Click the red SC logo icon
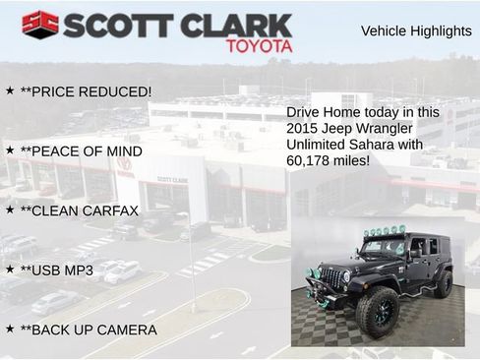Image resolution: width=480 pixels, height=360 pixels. [39, 25]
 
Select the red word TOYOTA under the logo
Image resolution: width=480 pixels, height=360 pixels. [260, 46]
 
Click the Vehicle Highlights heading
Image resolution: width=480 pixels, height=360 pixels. [416, 30]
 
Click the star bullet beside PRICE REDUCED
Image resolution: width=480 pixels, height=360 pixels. [10, 90]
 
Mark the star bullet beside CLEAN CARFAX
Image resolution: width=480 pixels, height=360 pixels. [10, 210]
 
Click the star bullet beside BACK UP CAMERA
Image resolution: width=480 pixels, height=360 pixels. [10, 329]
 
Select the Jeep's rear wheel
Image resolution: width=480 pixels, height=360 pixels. [443, 283]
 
